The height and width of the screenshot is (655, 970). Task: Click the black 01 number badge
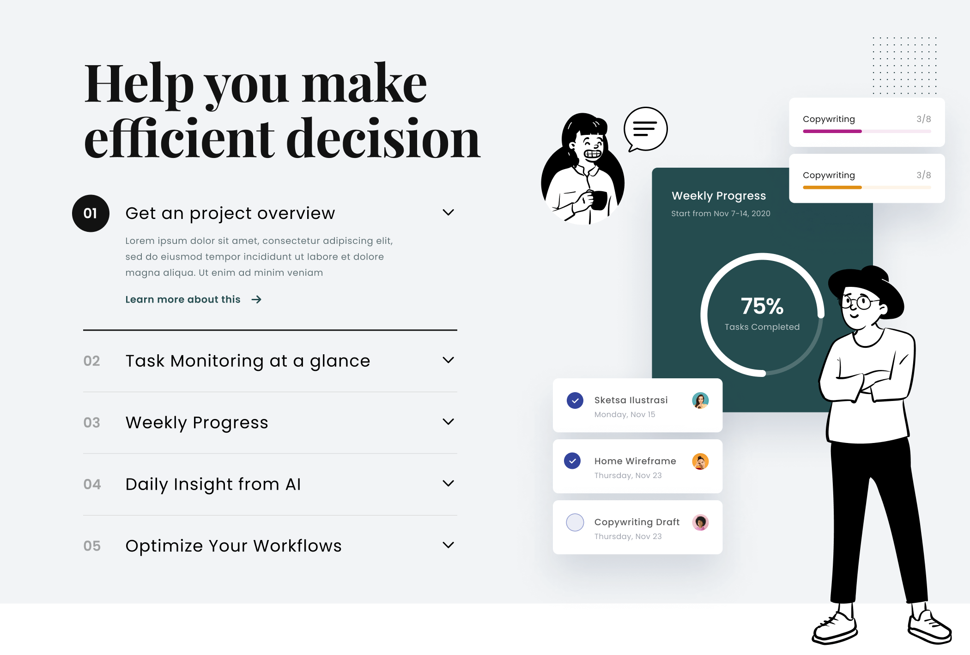91,213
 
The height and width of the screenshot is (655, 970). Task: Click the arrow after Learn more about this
256,299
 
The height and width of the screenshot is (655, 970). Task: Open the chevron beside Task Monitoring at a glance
448,360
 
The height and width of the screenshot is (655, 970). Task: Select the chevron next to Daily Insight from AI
448,483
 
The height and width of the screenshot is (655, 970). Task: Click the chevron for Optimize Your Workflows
448,545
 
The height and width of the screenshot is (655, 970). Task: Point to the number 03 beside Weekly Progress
91,423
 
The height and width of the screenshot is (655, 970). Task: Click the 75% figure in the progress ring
762,306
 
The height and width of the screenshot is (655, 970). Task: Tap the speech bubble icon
645,129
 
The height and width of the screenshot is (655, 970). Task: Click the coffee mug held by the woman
599,200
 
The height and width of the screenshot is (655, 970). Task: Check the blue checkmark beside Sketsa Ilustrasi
575,400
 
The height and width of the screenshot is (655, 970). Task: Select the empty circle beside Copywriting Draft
575,522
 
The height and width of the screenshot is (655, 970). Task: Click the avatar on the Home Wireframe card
700,461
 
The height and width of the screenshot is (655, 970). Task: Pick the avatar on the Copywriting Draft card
700,522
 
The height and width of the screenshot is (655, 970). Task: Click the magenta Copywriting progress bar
832,131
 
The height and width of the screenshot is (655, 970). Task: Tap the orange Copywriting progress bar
832,187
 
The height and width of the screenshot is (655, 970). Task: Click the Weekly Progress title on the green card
719,196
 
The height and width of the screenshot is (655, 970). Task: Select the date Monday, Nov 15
624,414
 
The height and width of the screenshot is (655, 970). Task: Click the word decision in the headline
383,138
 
